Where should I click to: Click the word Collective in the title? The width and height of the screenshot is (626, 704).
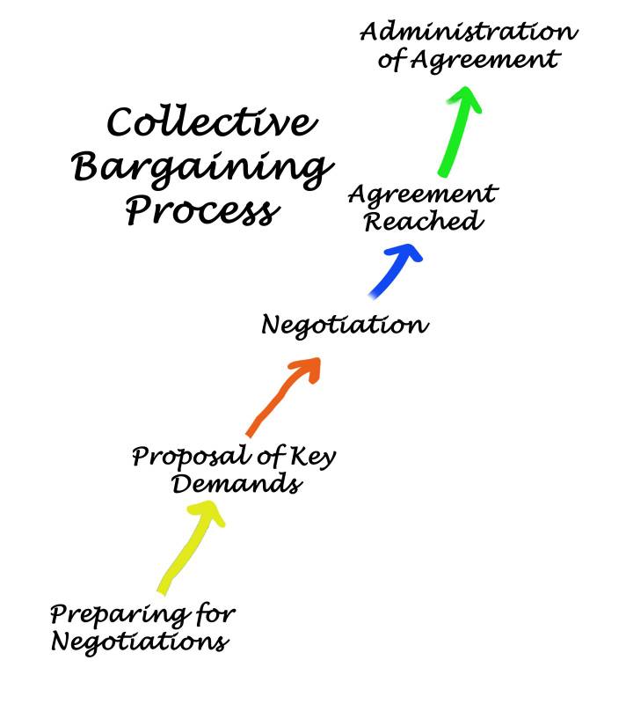[210, 123]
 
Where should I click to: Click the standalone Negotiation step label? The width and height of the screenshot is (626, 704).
[345, 326]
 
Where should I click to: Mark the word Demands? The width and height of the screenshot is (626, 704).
[237, 485]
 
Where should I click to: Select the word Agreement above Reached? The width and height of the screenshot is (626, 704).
[423, 193]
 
